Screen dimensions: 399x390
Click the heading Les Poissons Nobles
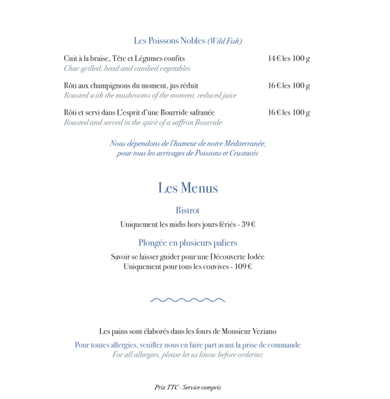pyautogui.click(x=170, y=41)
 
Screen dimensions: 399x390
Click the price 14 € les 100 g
pyautogui.click(x=289, y=59)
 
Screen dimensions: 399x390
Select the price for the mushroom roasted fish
pyautogui.click(x=289, y=86)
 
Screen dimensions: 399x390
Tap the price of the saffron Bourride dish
pyautogui.click(x=289, y=113)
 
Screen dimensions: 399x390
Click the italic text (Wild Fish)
pyautogui.click(x=225, y=41)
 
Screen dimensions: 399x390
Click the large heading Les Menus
pyautogui.click(x=188, y=188)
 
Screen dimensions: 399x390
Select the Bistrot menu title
pyautogui.click(x=188, y=211)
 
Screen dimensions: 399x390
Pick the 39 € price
pyautogui.click(x=248, y=225)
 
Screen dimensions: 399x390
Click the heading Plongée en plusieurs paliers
pyautogui.click(x=188, y=243)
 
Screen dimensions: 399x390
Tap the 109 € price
pyautogui.click(x=242, y=266)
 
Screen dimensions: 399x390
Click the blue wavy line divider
pyautogui.click(x=188, y=300)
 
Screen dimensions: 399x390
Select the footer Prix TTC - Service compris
pyautogui.click(x=188, y=388)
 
